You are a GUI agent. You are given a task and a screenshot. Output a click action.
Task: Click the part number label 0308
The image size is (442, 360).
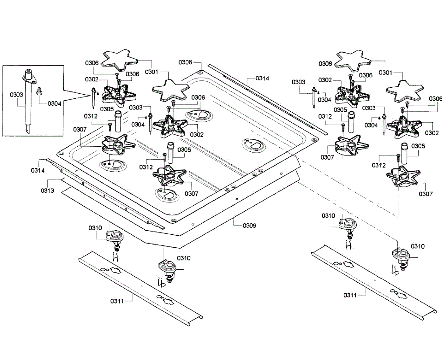185,62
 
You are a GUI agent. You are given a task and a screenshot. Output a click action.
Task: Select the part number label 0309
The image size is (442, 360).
249,225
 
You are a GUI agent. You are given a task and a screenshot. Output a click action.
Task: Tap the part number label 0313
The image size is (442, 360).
48,191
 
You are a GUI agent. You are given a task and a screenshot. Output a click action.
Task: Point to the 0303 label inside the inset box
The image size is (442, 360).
17,95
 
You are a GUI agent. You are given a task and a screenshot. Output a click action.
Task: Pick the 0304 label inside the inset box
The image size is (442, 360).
54,104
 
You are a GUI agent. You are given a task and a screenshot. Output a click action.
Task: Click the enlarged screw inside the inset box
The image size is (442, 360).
39,90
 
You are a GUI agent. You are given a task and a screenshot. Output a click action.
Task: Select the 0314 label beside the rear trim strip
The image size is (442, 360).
263,78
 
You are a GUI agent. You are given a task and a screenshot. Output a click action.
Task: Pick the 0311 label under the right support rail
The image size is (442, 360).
350,295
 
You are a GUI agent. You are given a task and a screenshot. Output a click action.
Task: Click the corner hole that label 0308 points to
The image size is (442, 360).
200,72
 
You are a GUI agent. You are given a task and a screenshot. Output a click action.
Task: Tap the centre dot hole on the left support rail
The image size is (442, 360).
141,285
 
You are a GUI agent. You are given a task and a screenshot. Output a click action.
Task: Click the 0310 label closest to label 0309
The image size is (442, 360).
183,258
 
